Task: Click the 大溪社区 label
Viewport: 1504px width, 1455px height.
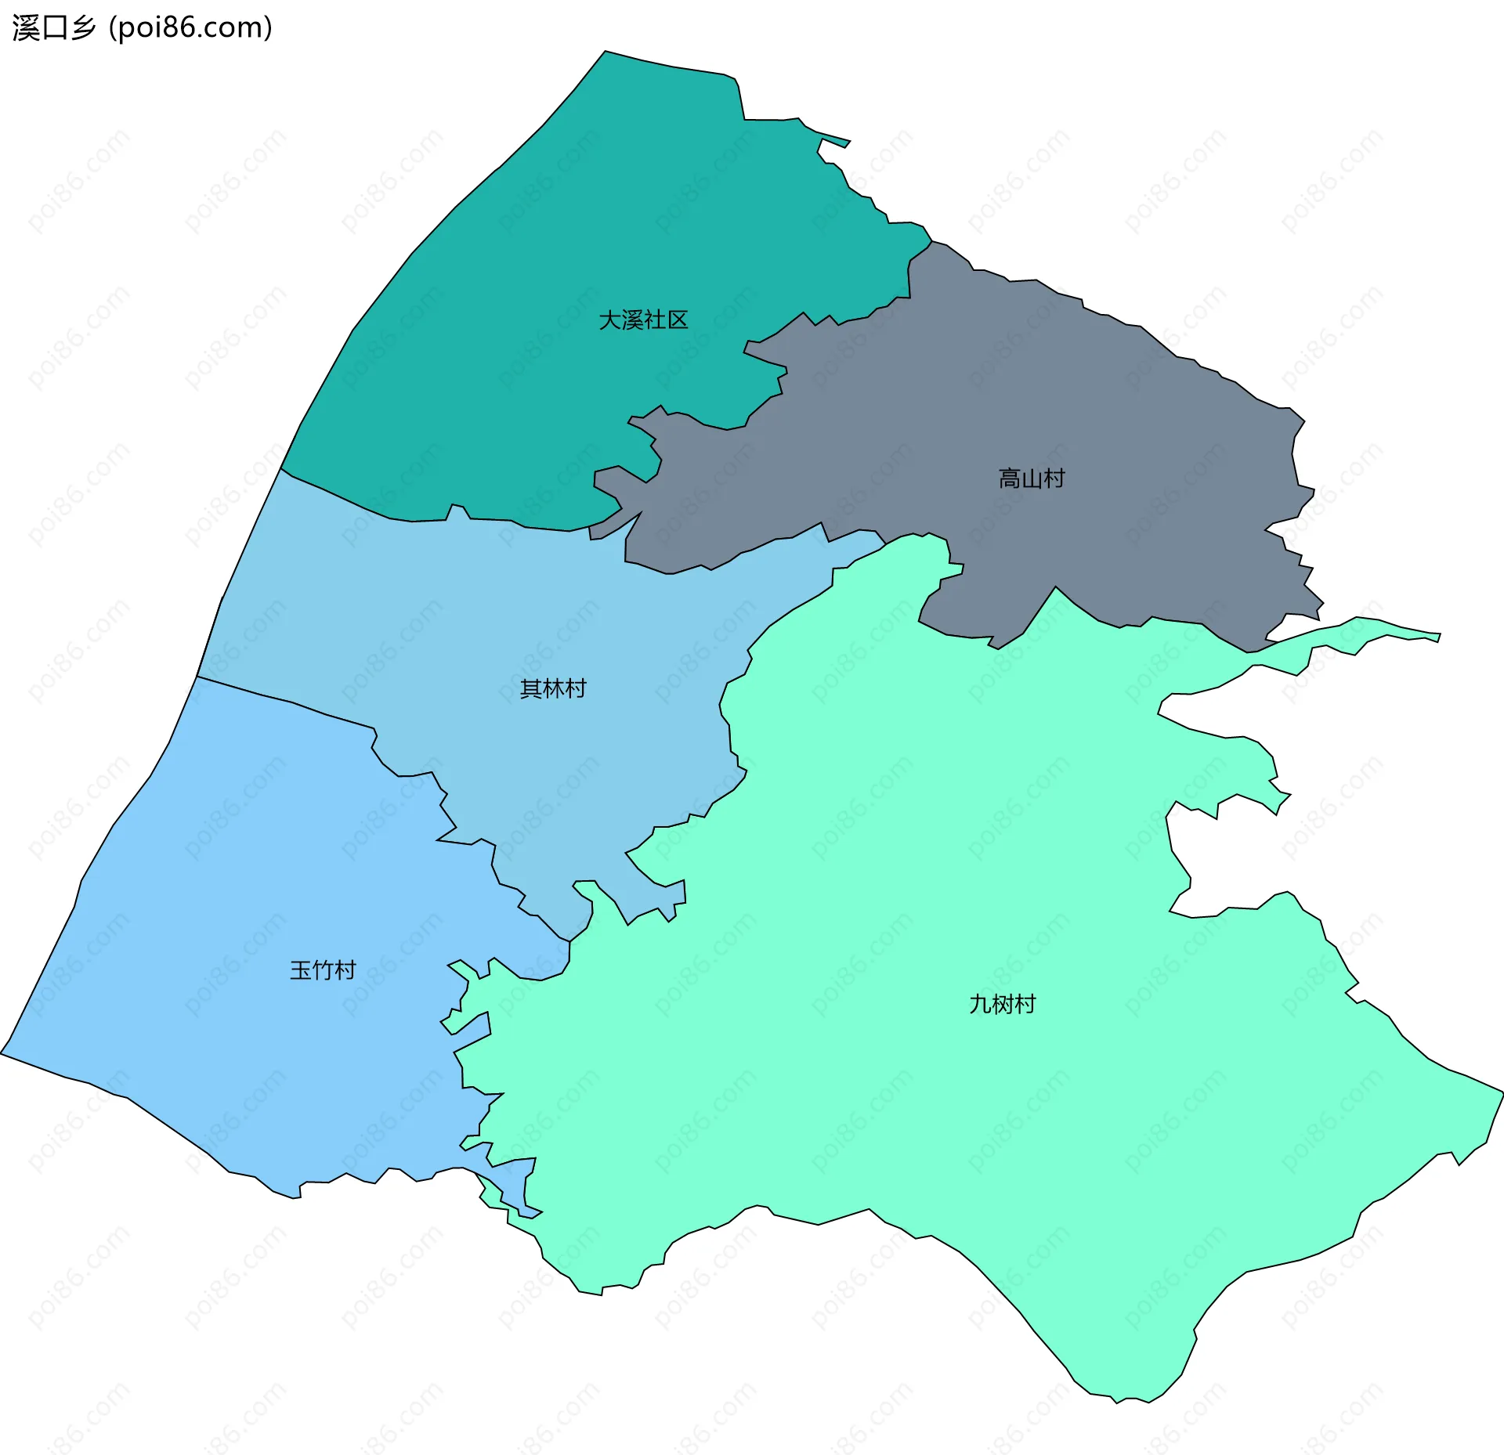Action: (x=643, y=320)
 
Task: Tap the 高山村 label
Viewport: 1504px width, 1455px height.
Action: (x=1032, y=478)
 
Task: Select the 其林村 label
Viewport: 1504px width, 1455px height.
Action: (x=553, y=689)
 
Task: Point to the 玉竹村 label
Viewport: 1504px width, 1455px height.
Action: (x=323, y=971)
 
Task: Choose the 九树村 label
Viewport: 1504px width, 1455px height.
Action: (x=1002, y=1005)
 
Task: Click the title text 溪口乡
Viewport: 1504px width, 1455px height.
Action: (x=53, y=28)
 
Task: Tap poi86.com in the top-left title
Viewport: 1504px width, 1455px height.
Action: (x=190, y=28)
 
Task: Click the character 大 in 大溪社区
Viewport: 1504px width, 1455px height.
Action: (x=610, y=320)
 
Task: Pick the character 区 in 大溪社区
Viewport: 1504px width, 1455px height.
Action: (x=678, y=320)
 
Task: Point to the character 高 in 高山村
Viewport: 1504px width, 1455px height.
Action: (x=1010, y=478)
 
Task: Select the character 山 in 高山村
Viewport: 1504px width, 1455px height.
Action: (x=1032, y=478)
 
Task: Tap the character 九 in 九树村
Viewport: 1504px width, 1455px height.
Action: (x=980, y=1005)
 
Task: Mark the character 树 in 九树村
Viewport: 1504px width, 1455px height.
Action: (x=1002, y=1005)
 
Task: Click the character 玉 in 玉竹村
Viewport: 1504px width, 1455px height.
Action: (x=301, y=971)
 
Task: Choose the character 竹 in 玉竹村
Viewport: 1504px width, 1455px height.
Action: (x=323, y=971)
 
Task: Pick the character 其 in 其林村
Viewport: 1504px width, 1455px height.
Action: (x=531, y=689)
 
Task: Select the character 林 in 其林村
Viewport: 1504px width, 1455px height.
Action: (x=553, y=689)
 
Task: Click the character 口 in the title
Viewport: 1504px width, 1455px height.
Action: (x=53, y=28)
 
